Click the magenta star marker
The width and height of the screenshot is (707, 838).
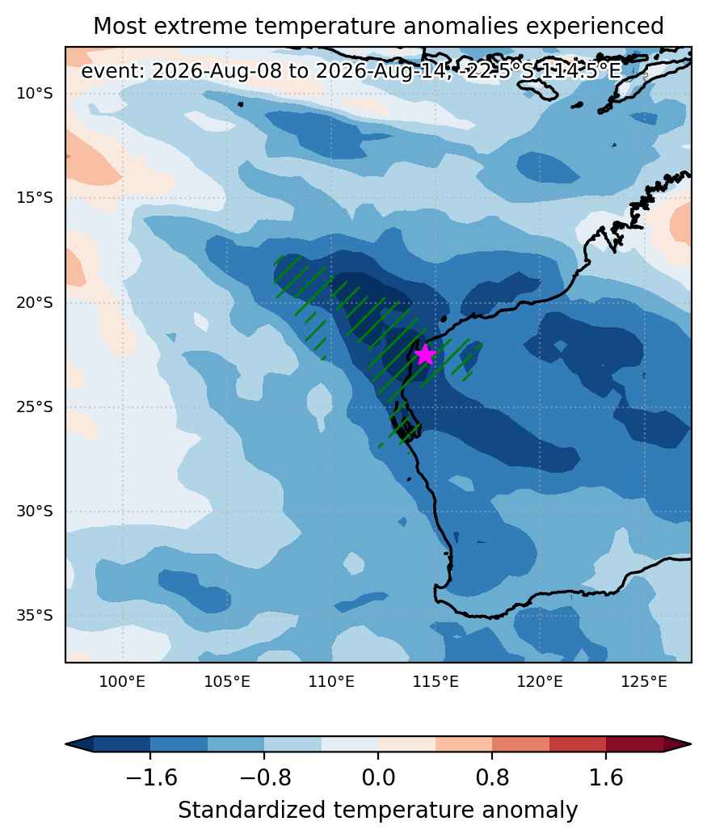pos(425,354)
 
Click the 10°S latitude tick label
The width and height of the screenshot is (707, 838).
pos(35,94)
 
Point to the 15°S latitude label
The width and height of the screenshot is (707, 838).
pos(35,198)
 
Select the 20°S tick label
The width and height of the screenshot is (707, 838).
pos(35,303)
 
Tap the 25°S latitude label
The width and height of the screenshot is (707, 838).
pos(35,407)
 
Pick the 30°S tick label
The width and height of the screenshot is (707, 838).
pos(35,512)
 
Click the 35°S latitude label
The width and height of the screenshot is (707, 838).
pos(35,616)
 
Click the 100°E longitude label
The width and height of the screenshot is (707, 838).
pos(122,682)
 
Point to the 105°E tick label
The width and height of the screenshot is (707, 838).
pos(227,682)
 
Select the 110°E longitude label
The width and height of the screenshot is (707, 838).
pos(331,682)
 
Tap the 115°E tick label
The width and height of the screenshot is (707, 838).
pos(436,682)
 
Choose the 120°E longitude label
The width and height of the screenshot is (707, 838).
pos(540,682)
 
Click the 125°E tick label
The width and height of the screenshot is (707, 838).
pos(644,682)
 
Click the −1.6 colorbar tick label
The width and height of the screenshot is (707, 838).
pos(151,777)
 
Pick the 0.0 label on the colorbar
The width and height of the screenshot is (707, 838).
pos(378,777)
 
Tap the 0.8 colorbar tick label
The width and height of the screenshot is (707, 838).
pos(492,777)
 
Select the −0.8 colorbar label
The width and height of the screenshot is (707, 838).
pos(264,777)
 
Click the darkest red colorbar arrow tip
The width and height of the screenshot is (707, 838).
pos(691,744)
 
